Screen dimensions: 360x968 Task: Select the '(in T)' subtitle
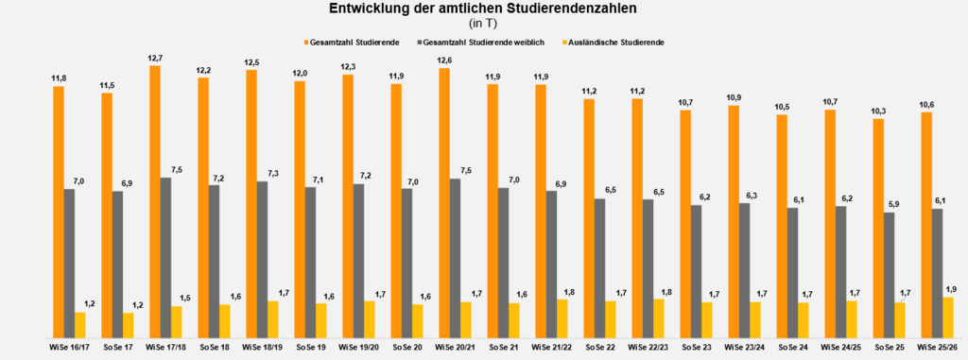pos(482,24)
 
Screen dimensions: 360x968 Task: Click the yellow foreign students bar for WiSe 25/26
pos(948,317)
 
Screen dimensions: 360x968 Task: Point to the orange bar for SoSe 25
pos(878,228)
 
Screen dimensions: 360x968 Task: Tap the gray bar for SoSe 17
pos(117,264)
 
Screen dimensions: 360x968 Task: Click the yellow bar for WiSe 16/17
pos(80,324)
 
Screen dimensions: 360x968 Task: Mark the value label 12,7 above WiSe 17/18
pos(154,59)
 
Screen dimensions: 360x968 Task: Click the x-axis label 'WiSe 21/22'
pos(552,348)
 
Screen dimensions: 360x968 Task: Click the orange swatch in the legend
pos(305,43)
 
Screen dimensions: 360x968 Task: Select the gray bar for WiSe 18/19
pos(262,259)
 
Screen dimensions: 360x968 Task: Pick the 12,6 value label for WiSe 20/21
pos(443,61)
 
